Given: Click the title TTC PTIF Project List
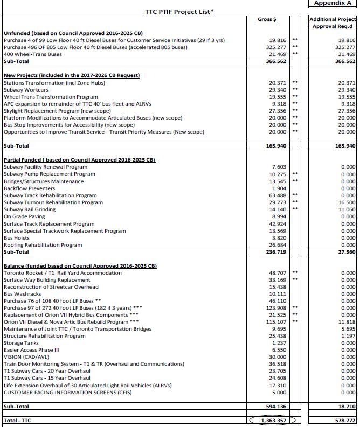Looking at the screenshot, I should click(x=179, y=11).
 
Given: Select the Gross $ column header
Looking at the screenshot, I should click(x=268, y=19).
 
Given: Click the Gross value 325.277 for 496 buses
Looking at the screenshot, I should click(x=276, y=47).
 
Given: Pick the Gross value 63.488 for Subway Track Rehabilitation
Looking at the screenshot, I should click(x=277, y=195).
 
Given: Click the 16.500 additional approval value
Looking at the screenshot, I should click(x=344, y=202).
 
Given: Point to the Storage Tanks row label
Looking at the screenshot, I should click(x=21, y=343).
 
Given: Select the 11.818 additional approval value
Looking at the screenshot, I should click(x=344, y=321).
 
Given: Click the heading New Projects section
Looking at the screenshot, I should click(x=72, y=75).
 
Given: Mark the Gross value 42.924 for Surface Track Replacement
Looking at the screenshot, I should click(x=277, y=223).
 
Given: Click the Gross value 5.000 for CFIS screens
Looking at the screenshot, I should click(x=279, y=393).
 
